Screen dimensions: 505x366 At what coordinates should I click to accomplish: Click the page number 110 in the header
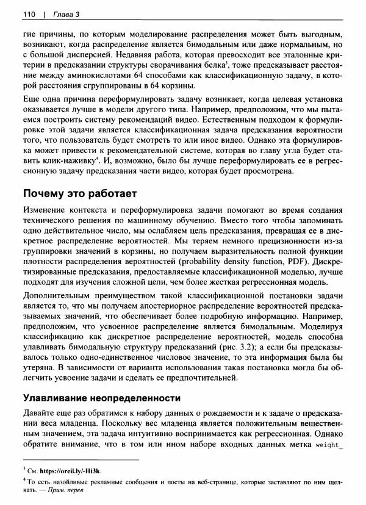[x=29, y=14]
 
